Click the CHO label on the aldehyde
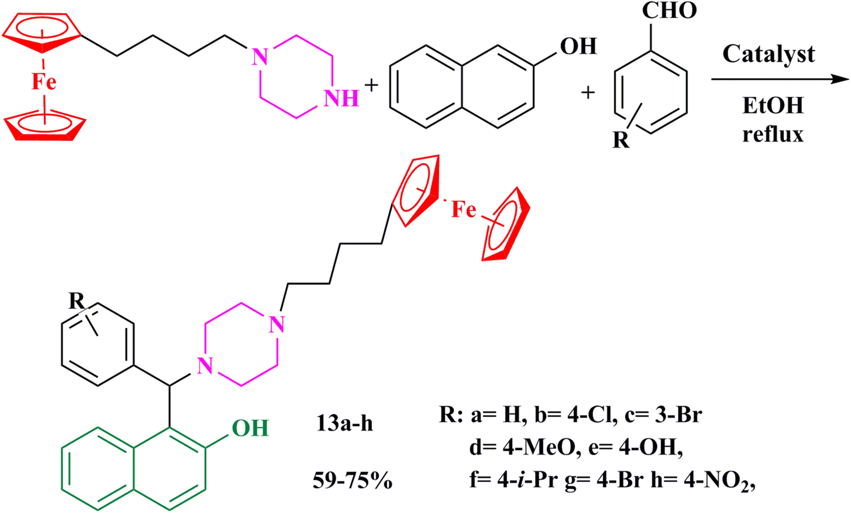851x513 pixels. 669,11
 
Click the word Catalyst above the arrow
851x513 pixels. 768,54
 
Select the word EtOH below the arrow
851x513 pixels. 772,106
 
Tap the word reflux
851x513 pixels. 773,135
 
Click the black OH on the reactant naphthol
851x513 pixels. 578,46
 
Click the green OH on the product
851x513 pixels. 250,428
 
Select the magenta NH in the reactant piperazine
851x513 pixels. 341,99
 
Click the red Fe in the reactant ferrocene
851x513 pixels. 44,82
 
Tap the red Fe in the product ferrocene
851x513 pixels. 464,210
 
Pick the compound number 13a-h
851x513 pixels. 344,424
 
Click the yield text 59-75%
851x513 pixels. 353,481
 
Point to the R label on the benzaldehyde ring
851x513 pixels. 621,140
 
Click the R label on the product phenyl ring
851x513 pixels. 77,301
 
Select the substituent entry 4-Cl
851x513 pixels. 590,416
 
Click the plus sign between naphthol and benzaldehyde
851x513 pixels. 588,92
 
